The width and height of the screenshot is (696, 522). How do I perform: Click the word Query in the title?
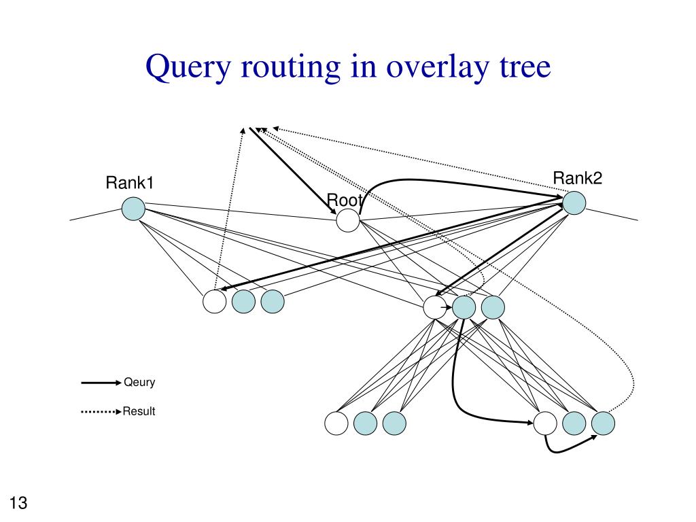tap(188, 67)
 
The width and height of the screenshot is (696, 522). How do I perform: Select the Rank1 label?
tap(130, 182)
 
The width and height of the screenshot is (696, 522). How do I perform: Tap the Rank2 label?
tap(578, 178)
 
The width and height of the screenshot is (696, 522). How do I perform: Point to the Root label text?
tap(345, 201)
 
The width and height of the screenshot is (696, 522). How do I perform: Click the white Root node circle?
tap(347, 220)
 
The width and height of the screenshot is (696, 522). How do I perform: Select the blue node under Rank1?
tap(133, 209)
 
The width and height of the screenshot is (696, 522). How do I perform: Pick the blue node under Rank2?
tap(574, 203)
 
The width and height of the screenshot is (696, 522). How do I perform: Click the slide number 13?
tap(18, 502)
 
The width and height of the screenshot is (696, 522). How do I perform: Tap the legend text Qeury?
tap(139, 383)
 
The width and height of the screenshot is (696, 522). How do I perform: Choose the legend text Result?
tap(139, 411)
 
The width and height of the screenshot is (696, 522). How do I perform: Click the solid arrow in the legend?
tap(101, 383)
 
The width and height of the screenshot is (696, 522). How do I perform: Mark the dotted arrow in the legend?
tap(101, 412)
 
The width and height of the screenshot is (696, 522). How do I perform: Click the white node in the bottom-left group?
tap(336, 423)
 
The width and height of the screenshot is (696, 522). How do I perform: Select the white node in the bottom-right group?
tap(545, 423)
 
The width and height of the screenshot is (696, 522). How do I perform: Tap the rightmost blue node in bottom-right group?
tap(604, 423)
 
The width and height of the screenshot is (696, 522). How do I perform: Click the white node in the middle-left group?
tap(214, 301)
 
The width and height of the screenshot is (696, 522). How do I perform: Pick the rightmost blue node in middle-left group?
tap(273, 301)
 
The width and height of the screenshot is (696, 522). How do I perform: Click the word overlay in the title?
tap(437, 67)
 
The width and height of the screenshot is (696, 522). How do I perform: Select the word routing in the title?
tap(291, 67)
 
